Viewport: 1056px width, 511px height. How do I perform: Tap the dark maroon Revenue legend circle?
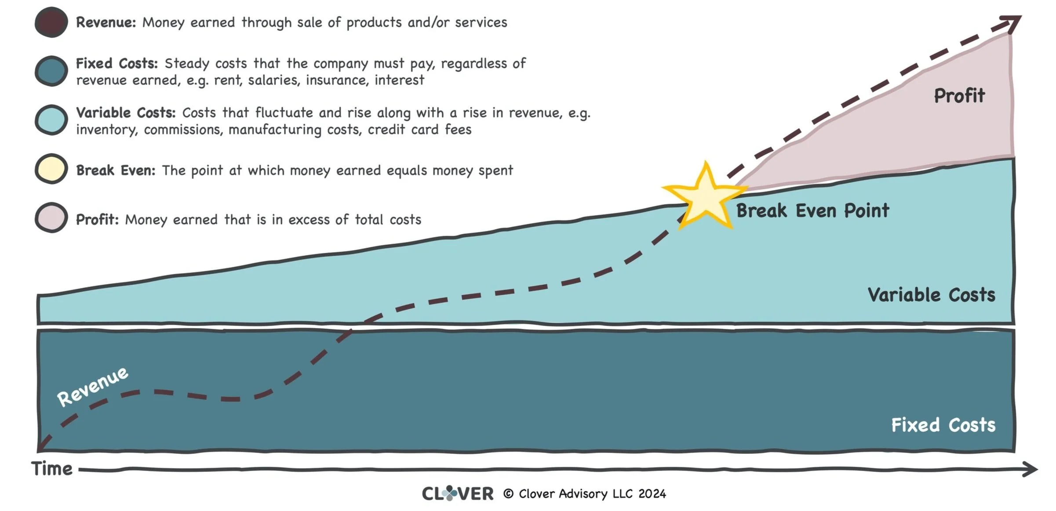click(x=51, y=22)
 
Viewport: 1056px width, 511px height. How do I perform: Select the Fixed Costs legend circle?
click(x=51, y=71)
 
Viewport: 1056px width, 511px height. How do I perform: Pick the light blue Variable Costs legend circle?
click(x=51, y=120)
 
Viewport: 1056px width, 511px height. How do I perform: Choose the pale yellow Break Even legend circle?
click(x=51, y=169)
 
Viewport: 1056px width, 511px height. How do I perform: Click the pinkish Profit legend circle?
click(x=51, y=218)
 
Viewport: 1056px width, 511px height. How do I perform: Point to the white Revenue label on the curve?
click(x=93, y=386)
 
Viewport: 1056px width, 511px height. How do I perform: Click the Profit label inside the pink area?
click(x=959, y=96)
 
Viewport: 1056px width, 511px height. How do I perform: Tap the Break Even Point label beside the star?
click(x=812, y=211)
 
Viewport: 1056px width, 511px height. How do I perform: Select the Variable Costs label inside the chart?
click(x=931, y=295)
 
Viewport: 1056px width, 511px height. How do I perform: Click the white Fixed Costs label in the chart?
click(x=943, y=425)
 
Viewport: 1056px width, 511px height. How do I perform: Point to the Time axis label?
click(x=52, y=469)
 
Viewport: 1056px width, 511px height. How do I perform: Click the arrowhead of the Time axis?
click(x=1031, y=469)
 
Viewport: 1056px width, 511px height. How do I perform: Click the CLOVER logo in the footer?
click(x=457, y=493)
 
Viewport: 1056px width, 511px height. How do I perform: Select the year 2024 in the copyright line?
click(x=652, y=494)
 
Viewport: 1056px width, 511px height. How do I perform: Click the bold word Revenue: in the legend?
click(x=106, y=22)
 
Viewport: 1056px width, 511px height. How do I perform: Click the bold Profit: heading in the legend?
click(x=97, y=219)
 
